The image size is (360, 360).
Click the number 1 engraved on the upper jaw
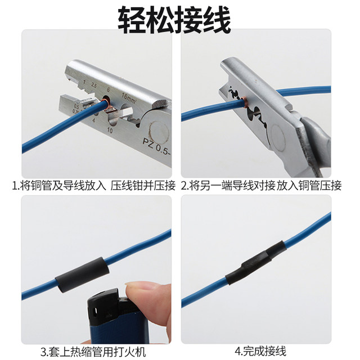(83, 83)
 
